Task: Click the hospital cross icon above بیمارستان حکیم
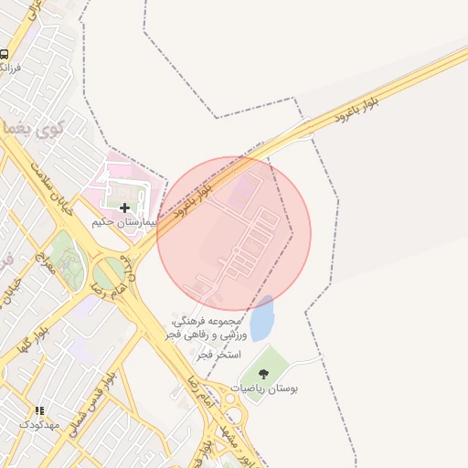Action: (125, 208)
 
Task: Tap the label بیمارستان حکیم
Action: (125, 223)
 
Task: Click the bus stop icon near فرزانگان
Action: (5, 54)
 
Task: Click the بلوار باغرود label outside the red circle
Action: (356, 111)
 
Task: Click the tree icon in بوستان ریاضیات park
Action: (264, 373)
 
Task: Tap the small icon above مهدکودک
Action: (38, 411)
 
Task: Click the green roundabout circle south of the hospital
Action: (110, 272)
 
